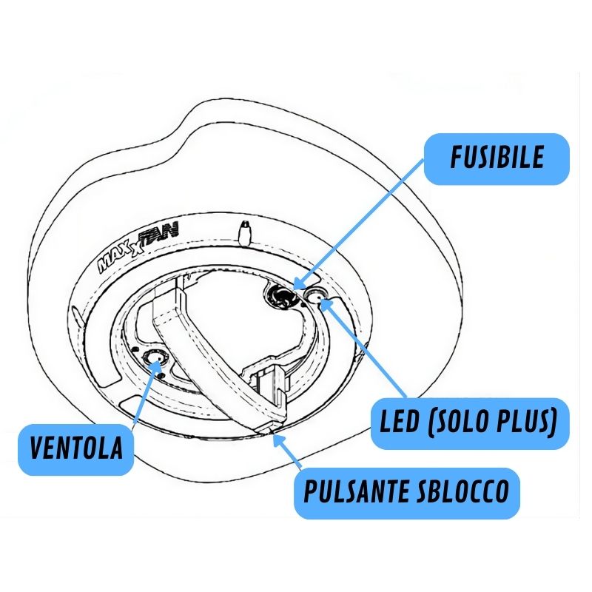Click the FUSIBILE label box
tap(497, 159)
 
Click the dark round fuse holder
tap(282, 296)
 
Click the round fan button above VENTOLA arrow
tap(156, 360)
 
